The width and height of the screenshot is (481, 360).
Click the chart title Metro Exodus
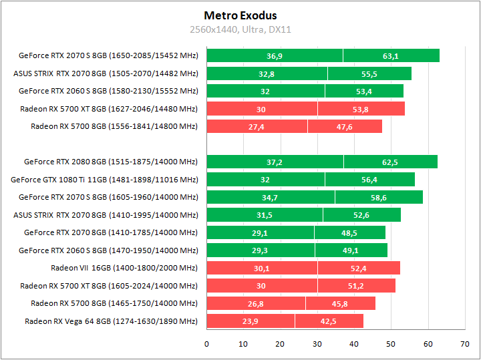pyautogui.click(x=240, y=15)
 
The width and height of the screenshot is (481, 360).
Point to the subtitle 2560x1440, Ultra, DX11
pyautogui.click(x=240, y=29)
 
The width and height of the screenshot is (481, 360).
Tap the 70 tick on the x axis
pyautogui.click(x=464, y=344)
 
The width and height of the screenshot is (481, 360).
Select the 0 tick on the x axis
pyautogui.click(x=206, y=344)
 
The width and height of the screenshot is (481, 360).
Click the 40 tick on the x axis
pyautogui.click(x=354, y=344)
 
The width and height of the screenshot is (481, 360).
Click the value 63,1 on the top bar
pyautogui.click(x=391, y=56)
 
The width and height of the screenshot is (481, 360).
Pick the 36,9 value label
pyautogui.click(x=275, y=56)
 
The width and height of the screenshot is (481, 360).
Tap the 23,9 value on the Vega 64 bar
pyautogui.click(x=251, y=321)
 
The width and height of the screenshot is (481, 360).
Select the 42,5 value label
pyautogui.click(x=329, y=321)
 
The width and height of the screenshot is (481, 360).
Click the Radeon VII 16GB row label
pyautogui.click(x=124, y=268)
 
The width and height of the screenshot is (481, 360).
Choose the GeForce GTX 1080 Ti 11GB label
pyautogui.click(x=104, y=180)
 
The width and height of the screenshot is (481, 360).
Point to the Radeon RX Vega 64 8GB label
pyautogui.click(x=111, y=321)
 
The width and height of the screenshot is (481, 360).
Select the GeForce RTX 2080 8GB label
pyautogui.click(x=111, y=162)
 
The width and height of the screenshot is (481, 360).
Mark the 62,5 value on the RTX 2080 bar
pyautogui.click(x=390, y=162)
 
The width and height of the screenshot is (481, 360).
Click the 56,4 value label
pyautogui.click(x=369, y=180)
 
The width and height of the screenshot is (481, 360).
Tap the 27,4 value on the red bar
pyautogui.click(x=257, y=127)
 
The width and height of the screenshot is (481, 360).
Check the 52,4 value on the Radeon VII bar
pyautogui.click(x=359, y=268)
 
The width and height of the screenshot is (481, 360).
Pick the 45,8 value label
pyautogui.click(x=340, y=304)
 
